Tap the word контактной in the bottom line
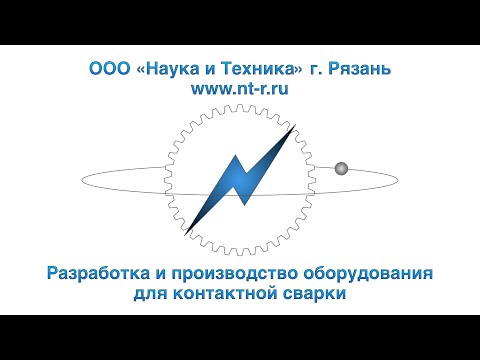pos(235,295)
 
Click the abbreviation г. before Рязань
pos(313,72)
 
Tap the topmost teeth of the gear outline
pos(240,108)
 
